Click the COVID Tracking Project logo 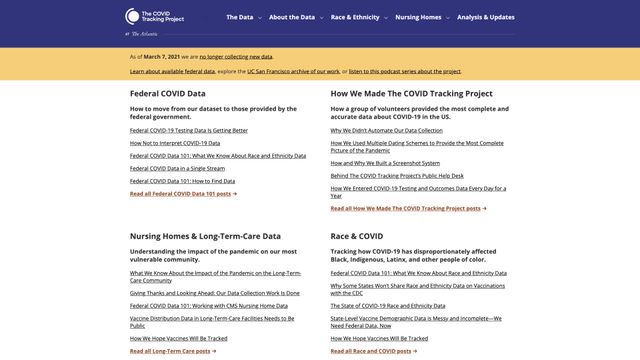click(156, 17)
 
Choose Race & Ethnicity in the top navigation click(357, 17)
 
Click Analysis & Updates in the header click(486, 17)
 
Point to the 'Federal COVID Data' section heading click(168, 94)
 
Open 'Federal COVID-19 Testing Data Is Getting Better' click(189, 130)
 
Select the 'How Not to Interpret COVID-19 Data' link click(175, 143)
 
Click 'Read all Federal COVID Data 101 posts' click(183, 194)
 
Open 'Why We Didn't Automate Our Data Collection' click(386, 130)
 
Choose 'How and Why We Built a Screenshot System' click(385, 163)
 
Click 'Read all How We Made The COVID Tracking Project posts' click(409, 208)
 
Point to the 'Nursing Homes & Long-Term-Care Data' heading click(205, 237)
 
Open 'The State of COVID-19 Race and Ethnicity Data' click(388, 305)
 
